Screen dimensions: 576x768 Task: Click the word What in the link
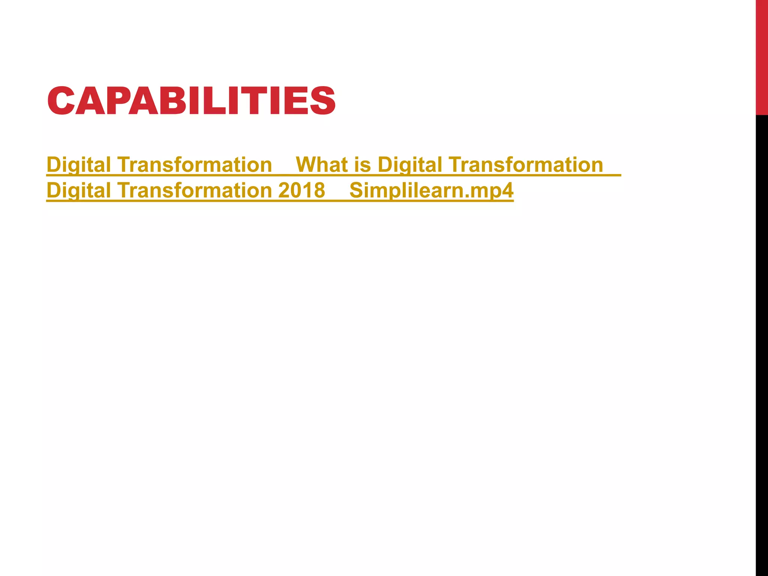(322, 165)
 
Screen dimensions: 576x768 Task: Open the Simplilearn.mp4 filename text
(431, 190)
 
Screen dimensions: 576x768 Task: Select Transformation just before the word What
(195, 165)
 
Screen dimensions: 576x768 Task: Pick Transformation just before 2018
(195, 190)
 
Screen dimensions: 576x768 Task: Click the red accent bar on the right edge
(762, 56)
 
